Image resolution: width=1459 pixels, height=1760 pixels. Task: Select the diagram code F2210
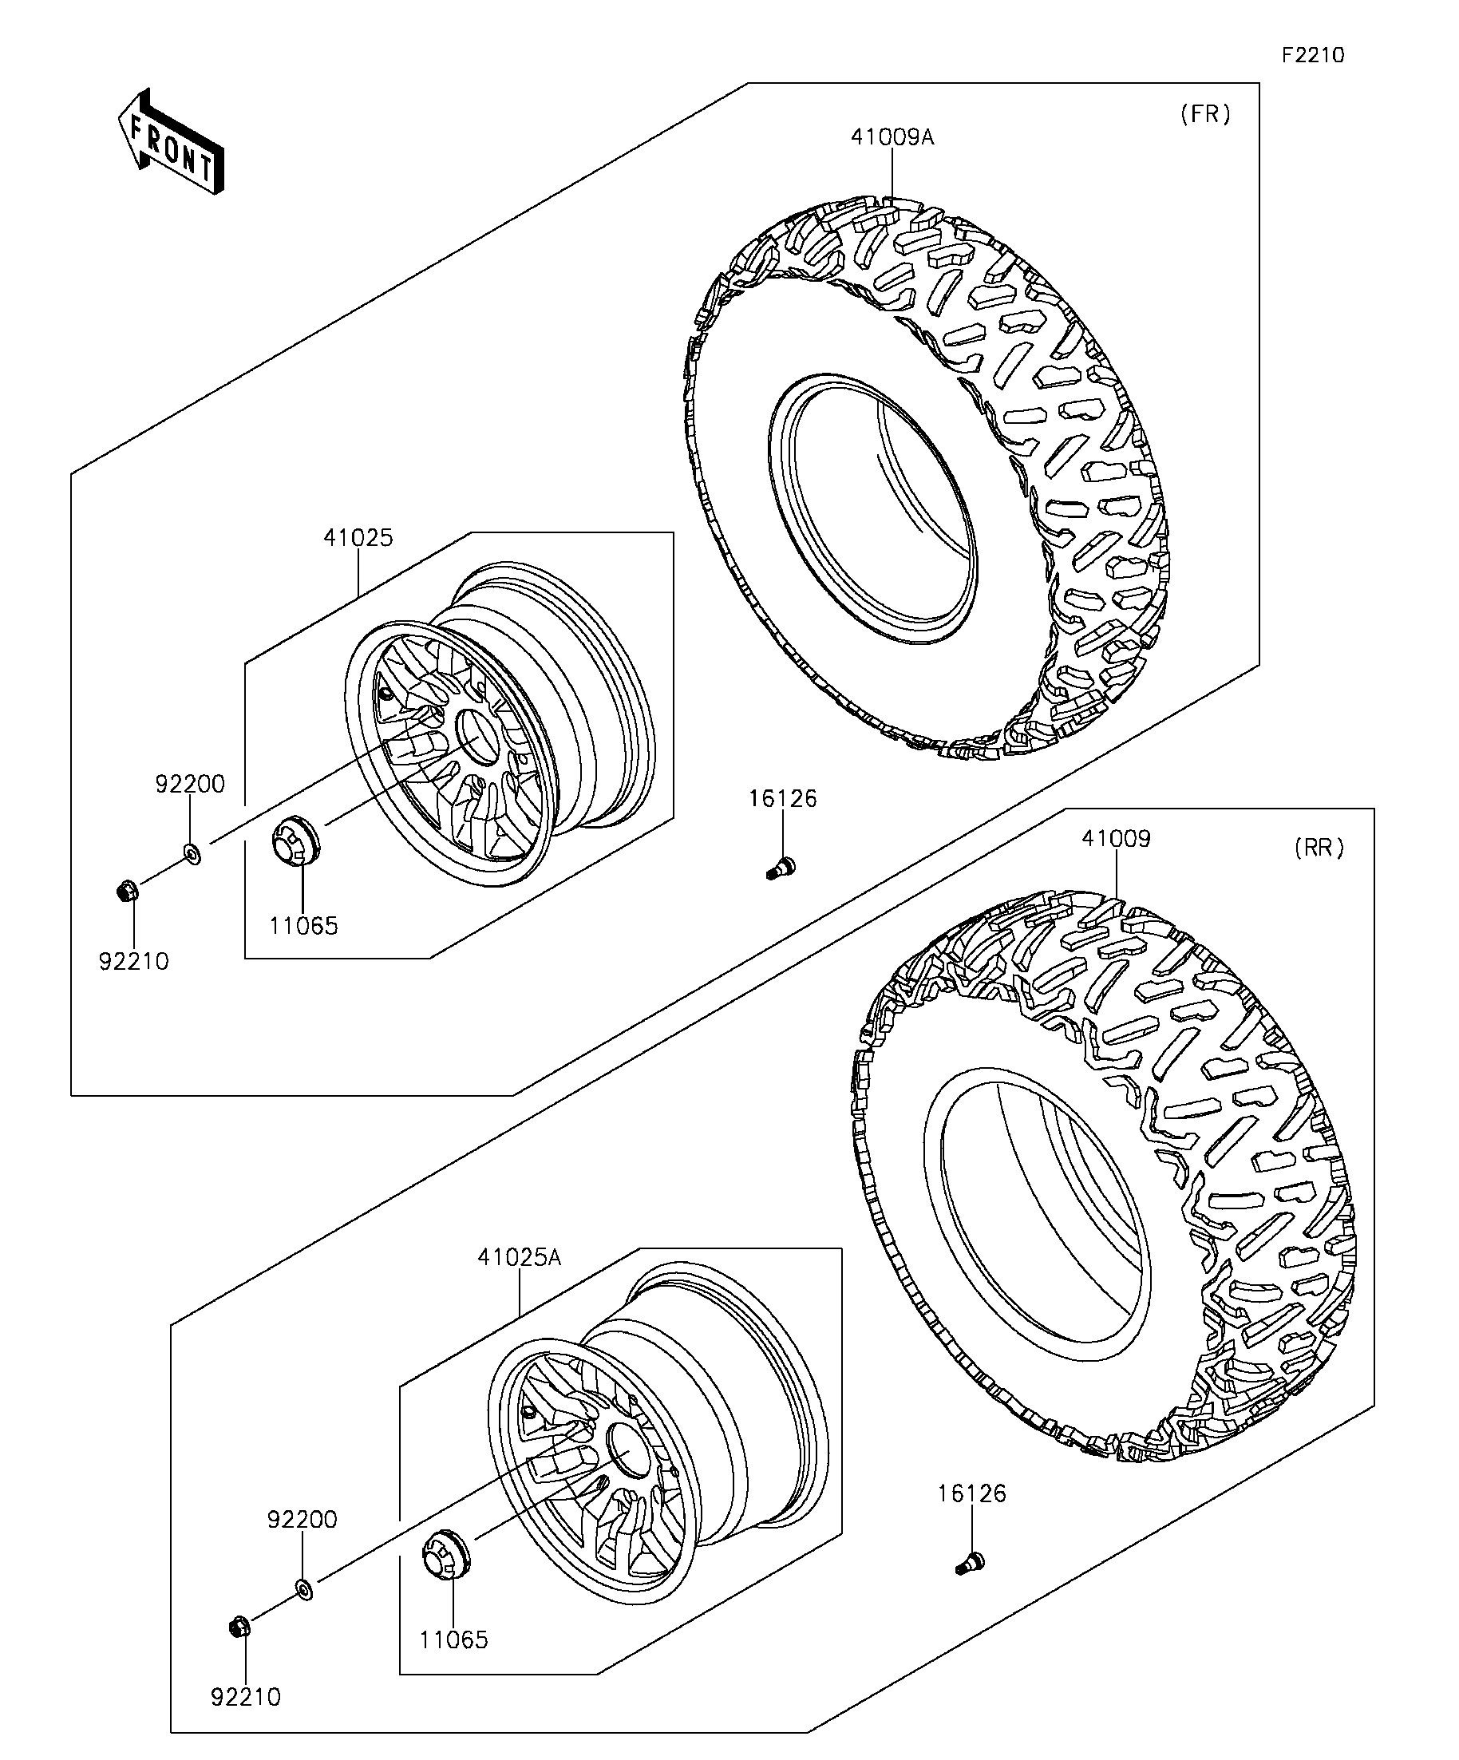1312,55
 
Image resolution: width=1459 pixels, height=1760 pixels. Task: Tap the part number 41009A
892,136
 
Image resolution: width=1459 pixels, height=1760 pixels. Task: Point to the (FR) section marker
1205,114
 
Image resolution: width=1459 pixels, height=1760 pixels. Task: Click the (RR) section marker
1319,848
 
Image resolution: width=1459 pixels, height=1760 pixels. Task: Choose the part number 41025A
520,1257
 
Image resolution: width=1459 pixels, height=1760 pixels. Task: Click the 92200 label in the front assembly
190,785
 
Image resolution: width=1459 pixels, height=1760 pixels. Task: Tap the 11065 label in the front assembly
303,926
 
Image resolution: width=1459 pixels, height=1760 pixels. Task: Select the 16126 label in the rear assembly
971,1493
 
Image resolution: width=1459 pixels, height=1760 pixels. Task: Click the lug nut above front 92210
128,891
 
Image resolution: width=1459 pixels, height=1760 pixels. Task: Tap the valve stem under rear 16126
970,1561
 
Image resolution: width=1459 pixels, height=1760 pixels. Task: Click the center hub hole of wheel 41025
476,735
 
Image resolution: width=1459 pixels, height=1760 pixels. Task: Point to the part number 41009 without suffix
1117,838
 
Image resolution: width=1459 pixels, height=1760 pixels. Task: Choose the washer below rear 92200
304,1588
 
